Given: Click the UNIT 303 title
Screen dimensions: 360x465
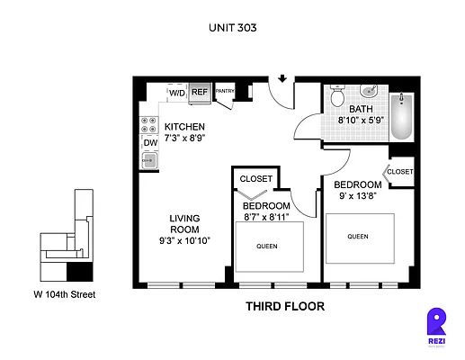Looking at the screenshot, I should coord(232,28).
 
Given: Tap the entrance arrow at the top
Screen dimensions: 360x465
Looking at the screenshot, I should coord(284,79).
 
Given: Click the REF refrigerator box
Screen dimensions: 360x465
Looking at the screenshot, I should coord(199,92).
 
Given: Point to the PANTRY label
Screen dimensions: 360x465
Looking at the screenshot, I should coord(224,91).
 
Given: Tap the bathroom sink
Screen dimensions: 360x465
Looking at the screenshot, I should coord(369,91).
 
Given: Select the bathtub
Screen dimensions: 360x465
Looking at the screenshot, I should coord(401,117).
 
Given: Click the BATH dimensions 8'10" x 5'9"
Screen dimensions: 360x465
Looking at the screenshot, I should coord(360,119).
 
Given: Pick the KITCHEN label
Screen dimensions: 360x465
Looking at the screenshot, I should coord(184,126).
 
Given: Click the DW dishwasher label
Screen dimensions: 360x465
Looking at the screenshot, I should coord(149,142).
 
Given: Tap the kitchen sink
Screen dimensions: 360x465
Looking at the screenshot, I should coord(148,161).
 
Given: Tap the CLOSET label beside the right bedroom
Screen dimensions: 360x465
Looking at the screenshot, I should coord(400,172).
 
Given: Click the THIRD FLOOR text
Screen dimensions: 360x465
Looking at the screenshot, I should coord(284,307).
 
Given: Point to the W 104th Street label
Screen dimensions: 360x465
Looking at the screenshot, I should coord(64,294).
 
